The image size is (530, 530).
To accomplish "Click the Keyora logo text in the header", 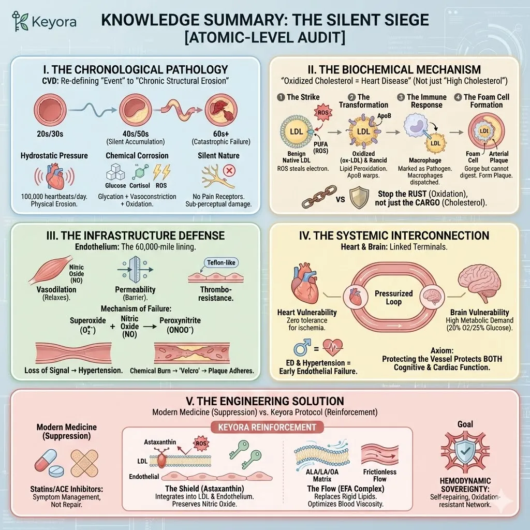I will point(54,22).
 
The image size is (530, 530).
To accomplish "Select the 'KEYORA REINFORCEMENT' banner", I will point(264,427).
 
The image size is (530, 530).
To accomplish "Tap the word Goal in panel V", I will point(465,424).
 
